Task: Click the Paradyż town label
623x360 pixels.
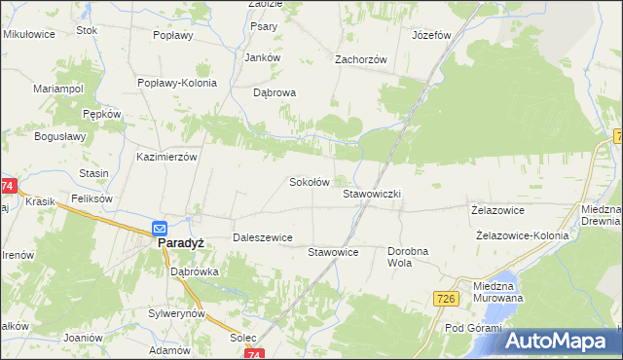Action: coord(180,245)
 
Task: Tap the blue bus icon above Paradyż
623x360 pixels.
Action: coord(161,229)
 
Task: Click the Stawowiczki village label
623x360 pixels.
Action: coord(372,195)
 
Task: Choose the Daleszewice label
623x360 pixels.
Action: coord(262,237)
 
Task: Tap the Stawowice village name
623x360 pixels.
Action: coord(334,252)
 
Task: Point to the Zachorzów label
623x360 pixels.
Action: coord(361,59)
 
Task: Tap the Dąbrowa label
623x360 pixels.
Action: coord(274,93)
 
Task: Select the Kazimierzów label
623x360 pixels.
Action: coord(167,157)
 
